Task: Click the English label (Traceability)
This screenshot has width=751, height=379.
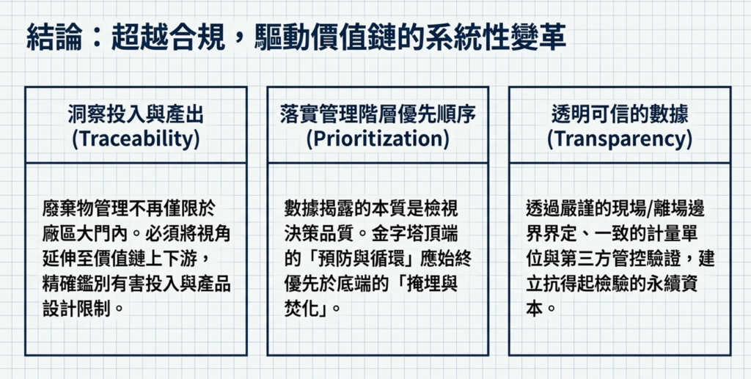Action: click(136, 139)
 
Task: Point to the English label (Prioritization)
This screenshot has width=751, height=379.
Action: click(378, 139)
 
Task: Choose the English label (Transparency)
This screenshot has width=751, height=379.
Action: click(620, 139)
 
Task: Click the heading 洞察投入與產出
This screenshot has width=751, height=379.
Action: click(136, 114)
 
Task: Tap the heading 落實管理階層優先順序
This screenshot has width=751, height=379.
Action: click(378, 114)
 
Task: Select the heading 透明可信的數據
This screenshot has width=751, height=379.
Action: click(620, 114)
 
